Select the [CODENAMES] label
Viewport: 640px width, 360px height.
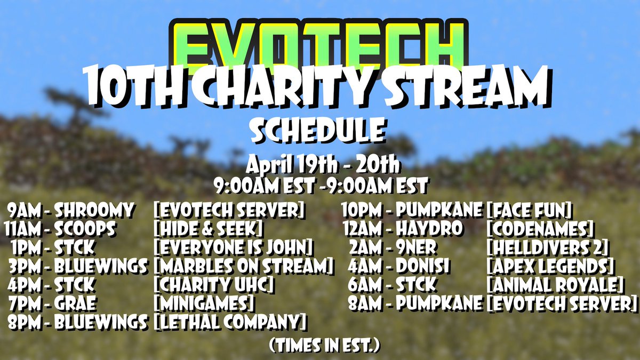coord(540,229)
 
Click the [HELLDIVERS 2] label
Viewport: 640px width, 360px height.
coord(548,248)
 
